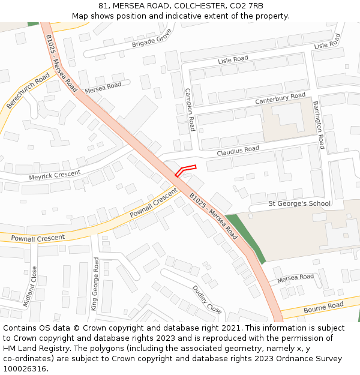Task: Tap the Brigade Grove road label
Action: click(x=152, y=38)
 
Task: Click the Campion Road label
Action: click(x=190, y=110)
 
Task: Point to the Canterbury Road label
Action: click(x=280, y=98)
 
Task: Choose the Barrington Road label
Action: click(x=318, y=125)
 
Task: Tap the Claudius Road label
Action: click(x=238, y=150)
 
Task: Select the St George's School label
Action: click(x=299, y=203)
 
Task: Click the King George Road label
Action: click(x=95, y=284)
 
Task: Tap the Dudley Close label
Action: click(x=207, y=299)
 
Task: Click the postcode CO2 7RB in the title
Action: click(x=247, y=6)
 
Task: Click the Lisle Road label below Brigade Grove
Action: click(x=233, y=59)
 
